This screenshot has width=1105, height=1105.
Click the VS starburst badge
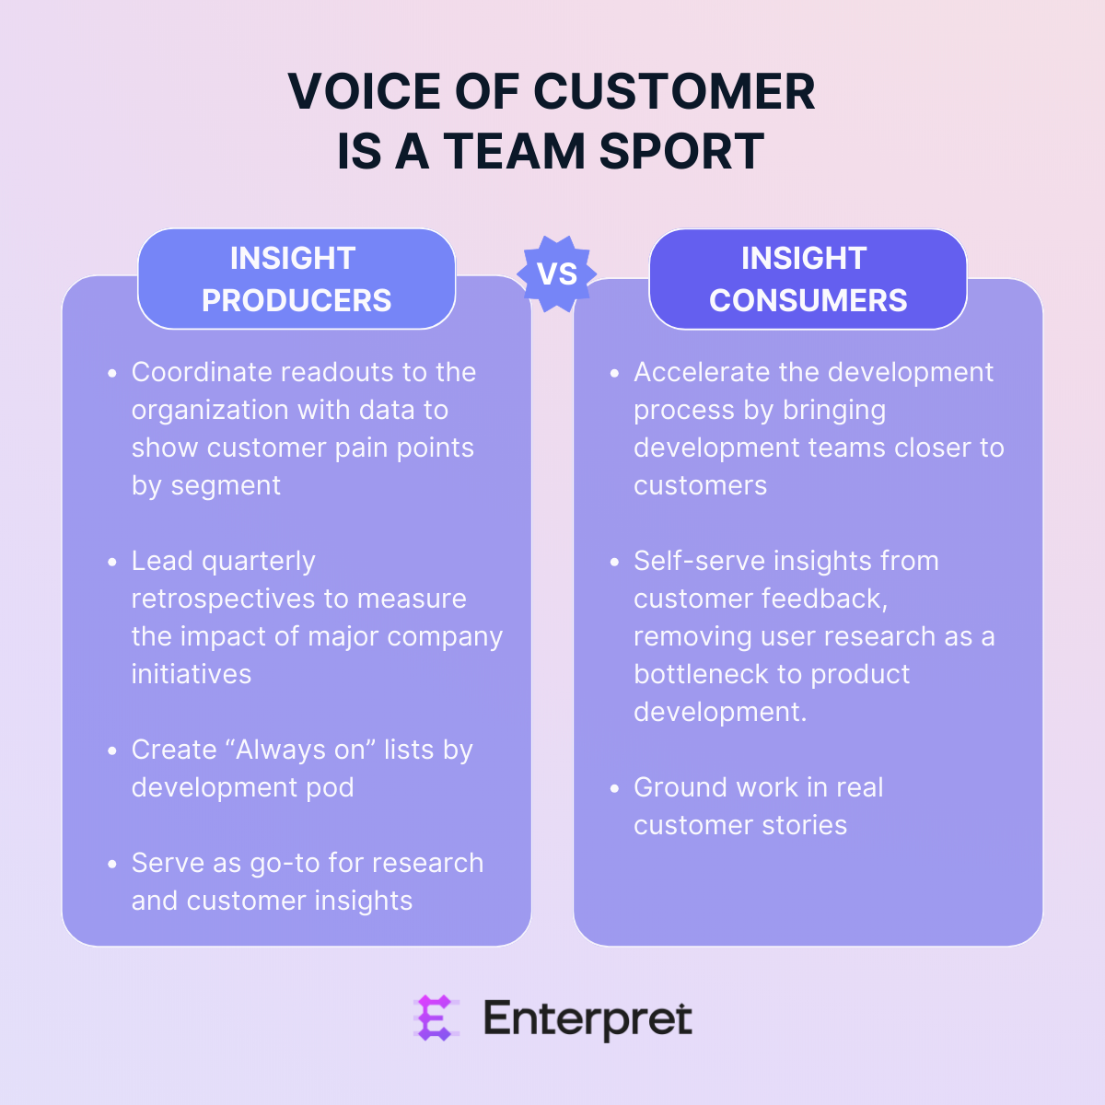(556, 273)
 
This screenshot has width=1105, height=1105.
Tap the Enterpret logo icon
(435, 1018)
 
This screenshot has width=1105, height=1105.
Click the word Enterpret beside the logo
(587, 1019)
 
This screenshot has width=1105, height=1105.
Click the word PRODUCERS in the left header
(297, 300)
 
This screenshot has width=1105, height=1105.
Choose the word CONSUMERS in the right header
(808, 300)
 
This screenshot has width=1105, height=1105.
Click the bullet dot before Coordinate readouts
(112, 374)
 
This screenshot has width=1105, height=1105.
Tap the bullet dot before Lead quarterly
(112, 563)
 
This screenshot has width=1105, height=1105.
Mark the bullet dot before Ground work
(614, 789)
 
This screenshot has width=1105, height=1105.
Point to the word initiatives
(192, 674)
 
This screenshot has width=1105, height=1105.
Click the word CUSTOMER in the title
(674, 92)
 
